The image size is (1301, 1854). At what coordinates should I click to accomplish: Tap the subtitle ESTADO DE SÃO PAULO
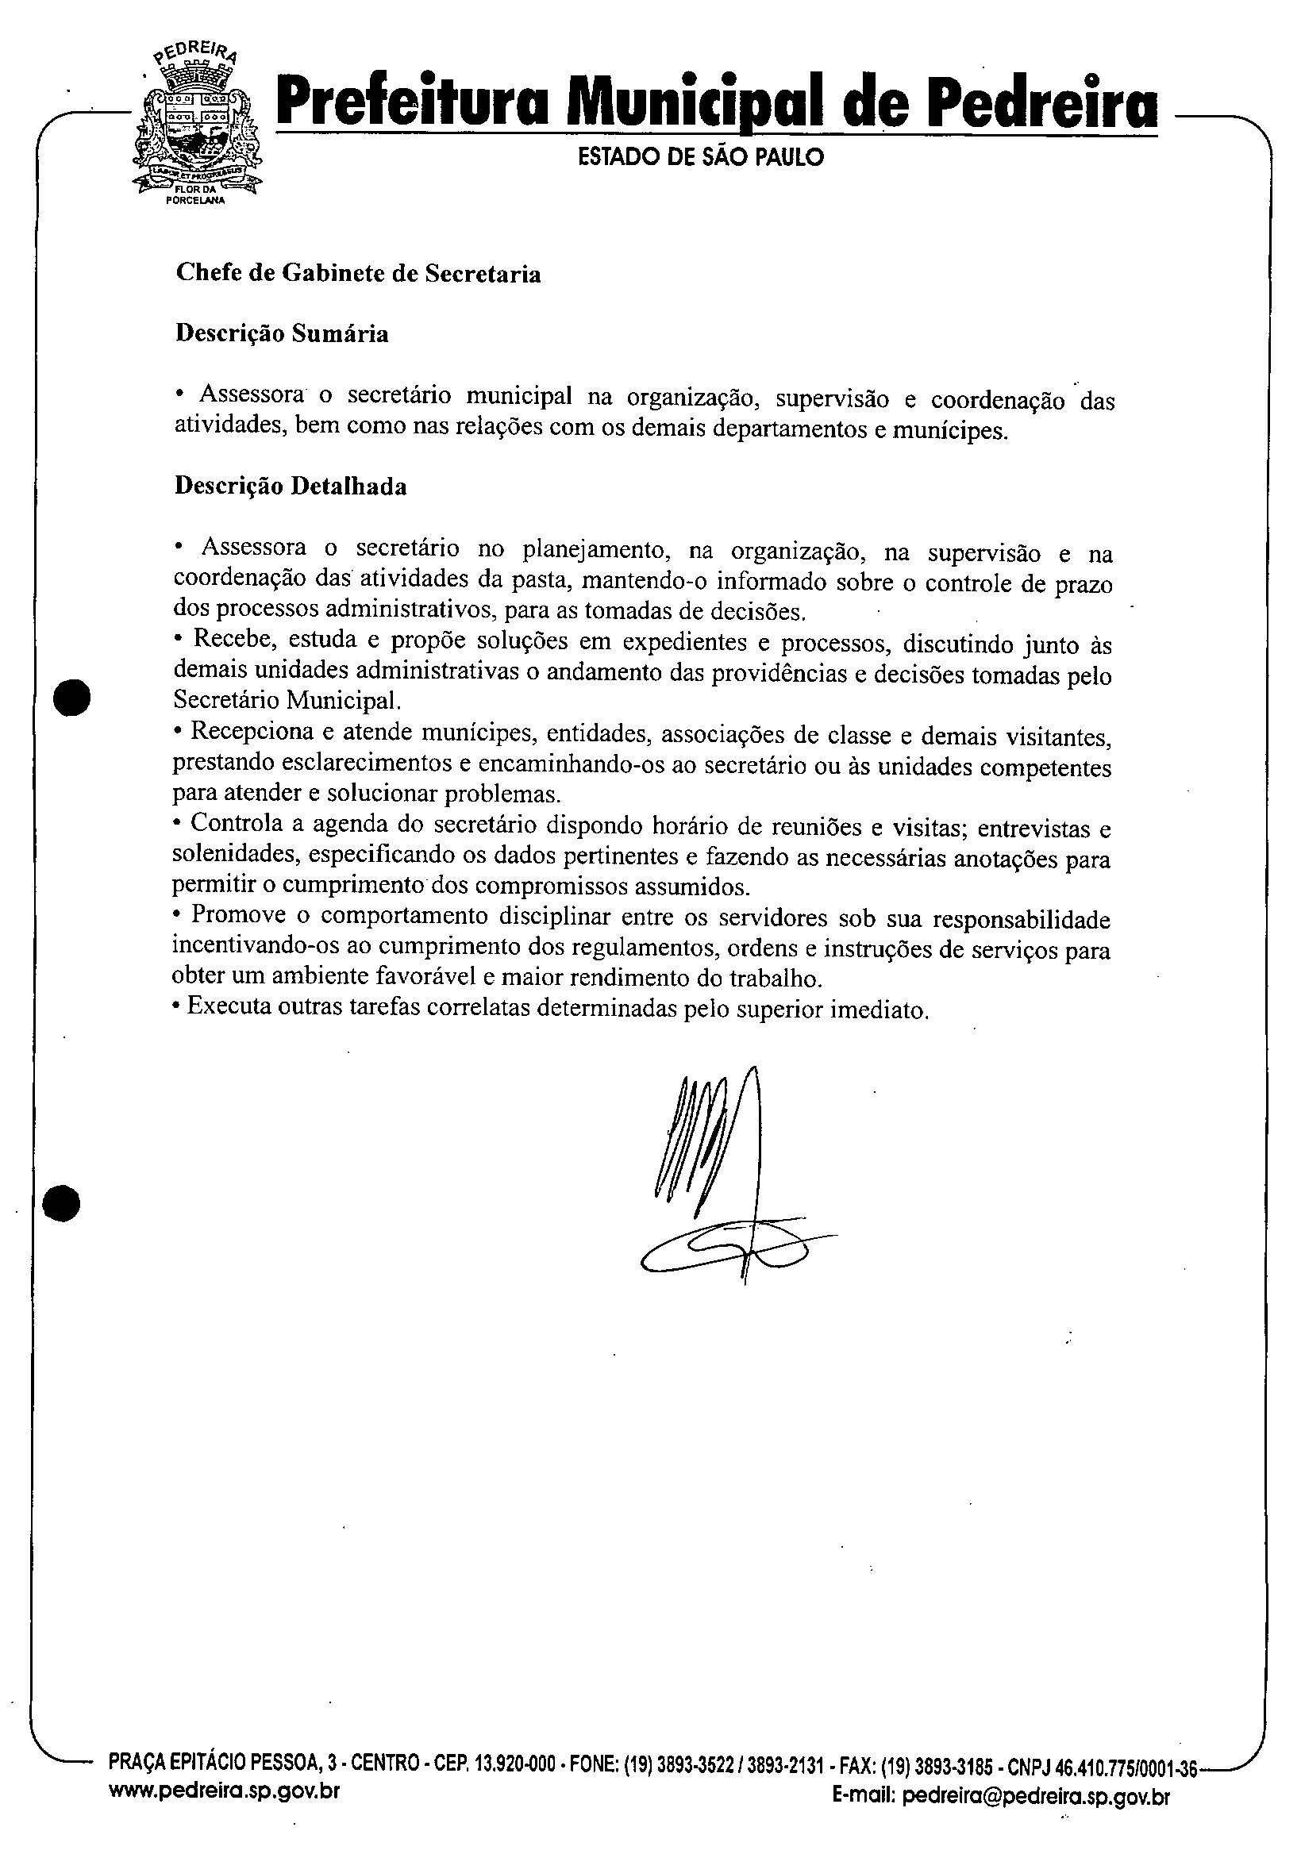point(701,156)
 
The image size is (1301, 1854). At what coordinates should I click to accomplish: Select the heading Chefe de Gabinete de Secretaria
point(358,274)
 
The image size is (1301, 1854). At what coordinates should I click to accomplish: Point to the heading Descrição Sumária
point(282,333)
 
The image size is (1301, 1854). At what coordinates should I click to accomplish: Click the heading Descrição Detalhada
point(291,487)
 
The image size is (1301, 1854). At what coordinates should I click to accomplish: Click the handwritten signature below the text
point(727,1179)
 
